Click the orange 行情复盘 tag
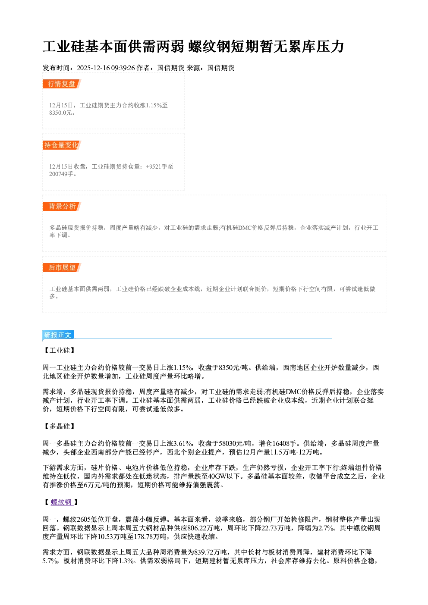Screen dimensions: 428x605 [x=62, y=84]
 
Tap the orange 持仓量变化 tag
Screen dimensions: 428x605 [x=62, y=145]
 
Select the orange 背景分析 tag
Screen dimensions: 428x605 [x=62, y=207]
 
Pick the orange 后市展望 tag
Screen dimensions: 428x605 [x=62, y=268]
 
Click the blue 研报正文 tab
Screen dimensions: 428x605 [x=58, y=335]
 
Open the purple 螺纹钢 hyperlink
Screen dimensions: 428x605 [x=62, y=502]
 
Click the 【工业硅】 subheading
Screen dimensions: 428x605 [x=60, y=351]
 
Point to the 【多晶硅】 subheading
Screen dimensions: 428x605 [x=60, y=426]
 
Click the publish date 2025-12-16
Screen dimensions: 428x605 [x=93, y=68]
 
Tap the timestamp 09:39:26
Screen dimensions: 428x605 [x=123, y=68]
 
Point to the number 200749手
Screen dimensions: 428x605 [x=61, y=174]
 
